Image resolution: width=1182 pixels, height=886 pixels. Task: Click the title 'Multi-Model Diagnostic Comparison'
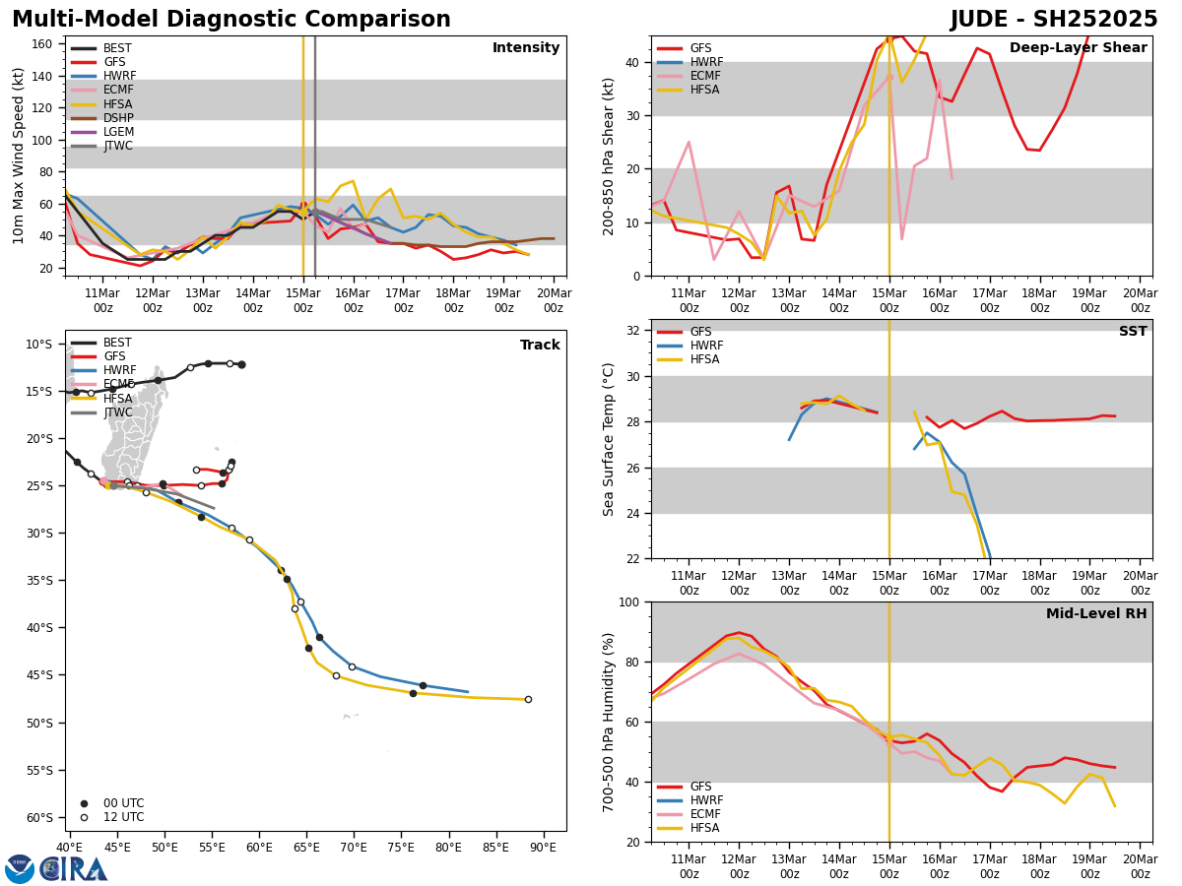pyautogui.click(x=231, y=20)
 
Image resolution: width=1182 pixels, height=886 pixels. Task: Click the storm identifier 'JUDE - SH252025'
pyautogui.click(x=1054, y=20)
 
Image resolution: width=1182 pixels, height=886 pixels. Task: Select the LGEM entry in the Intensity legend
pyautogui.click(x=118, y=132)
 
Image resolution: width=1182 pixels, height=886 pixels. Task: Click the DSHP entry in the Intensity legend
pyautogui.click(x=118, y=118)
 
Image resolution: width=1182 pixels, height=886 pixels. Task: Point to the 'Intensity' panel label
pyautogui.click(x=526, y=48)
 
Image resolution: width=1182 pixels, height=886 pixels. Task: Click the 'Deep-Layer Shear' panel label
pyautogui.click(x=1078, y=48)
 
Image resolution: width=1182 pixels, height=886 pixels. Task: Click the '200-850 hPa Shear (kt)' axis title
pyautogui.click(x=610, y=156)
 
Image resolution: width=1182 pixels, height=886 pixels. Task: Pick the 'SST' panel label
pyautogui.click(x=1133, y=332)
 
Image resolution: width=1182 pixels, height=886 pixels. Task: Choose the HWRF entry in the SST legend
pyautogui.click(x=706, y=346)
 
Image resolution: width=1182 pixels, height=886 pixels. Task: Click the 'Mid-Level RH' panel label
pyautogui.click(x=1096, y=614)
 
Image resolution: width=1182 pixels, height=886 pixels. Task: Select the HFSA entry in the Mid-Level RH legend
pyautogui.click(x=705, y=828)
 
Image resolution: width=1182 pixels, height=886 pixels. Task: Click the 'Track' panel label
pyautogui.click(x=540, y=346)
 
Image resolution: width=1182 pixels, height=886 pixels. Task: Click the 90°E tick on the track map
pyautogui.click(x=543, y=848)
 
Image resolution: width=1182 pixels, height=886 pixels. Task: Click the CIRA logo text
pyautogui.click(x=74, y=868)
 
